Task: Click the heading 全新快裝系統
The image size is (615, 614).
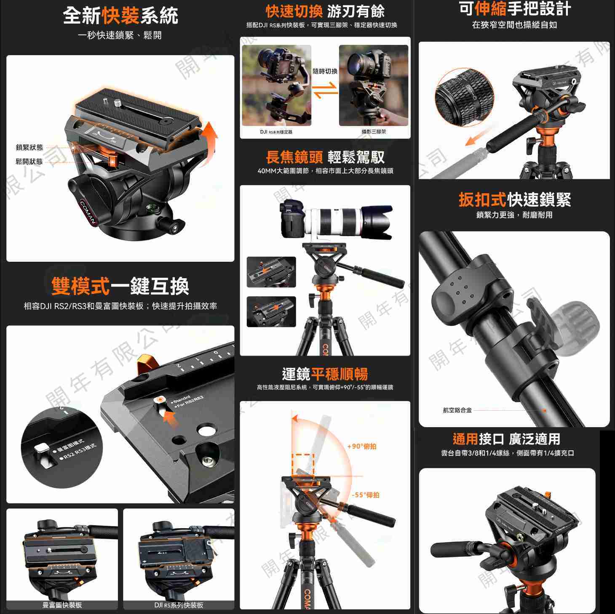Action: click(x=120, y=16)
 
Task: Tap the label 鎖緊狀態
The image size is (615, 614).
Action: click(x=29, y=147)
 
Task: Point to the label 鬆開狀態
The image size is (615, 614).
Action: click(x=29, y=162)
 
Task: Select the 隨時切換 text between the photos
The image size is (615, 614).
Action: click(x=325, y=72)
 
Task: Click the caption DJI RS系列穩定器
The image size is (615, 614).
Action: click(x=276, y=132)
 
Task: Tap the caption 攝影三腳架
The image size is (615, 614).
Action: click(x=374, y=132)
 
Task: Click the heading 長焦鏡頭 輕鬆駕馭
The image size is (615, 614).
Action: click(x=325, y=157)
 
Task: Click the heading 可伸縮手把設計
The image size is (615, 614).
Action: click(x=514, y=8)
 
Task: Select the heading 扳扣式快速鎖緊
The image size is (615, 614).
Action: click(x=514, y=199)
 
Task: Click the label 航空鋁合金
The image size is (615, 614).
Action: click(x=457, y=410)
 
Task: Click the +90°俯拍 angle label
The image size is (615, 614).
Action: click(x=362, y=446)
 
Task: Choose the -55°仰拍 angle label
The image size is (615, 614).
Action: click(x=365, y=495)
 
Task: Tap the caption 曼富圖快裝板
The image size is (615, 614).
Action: click(x=62, y=605)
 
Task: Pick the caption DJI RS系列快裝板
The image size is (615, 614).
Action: click(x=179, y=605)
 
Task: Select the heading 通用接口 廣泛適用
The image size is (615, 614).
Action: click(x=506, y=439)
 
